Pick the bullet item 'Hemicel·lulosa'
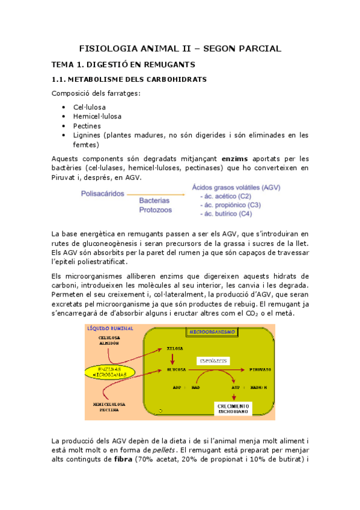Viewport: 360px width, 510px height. [98, 117]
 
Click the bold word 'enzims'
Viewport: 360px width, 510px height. [235, 158]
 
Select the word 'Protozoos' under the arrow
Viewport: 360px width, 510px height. [156, 210]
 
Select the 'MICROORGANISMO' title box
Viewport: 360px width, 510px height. [210, 332]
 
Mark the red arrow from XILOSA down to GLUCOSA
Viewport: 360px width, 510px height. [174, 358]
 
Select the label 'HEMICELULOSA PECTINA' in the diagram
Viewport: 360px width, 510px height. [109, 407]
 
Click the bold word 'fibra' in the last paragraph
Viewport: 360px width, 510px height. [117, 476]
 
